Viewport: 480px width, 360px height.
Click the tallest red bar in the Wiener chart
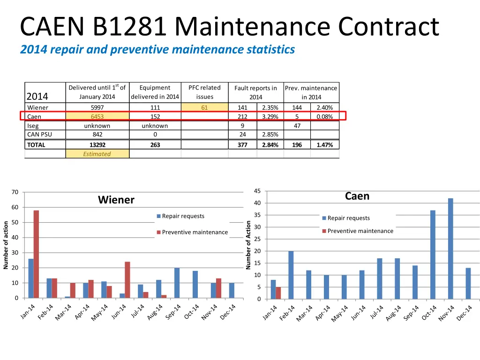[x=36, y=254]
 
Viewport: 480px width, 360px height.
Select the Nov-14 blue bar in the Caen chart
[x=450, y=248]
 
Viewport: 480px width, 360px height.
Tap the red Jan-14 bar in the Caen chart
[x=278, y=293]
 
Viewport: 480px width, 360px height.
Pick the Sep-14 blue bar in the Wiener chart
[x=177, y=283]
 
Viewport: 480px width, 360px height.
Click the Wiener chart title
[x=116, y=200]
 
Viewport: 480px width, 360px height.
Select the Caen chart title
[x=357, y=196]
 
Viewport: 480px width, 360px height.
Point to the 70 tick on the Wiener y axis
[x=15, y=192]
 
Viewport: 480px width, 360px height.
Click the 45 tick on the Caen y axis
[x=257, y=191]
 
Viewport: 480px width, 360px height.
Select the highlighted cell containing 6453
[x=97, y=117]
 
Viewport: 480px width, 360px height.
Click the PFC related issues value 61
[x=204, y=108]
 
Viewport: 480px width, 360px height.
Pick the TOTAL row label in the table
[x=36, y=145]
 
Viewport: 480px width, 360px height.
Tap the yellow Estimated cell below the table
[x=97, y=154]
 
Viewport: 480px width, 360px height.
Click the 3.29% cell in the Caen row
[x=270, y=117]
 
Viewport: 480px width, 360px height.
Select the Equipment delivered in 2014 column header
[x=155, y=92]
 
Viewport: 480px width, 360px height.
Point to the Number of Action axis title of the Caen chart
[x=248, y=245]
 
